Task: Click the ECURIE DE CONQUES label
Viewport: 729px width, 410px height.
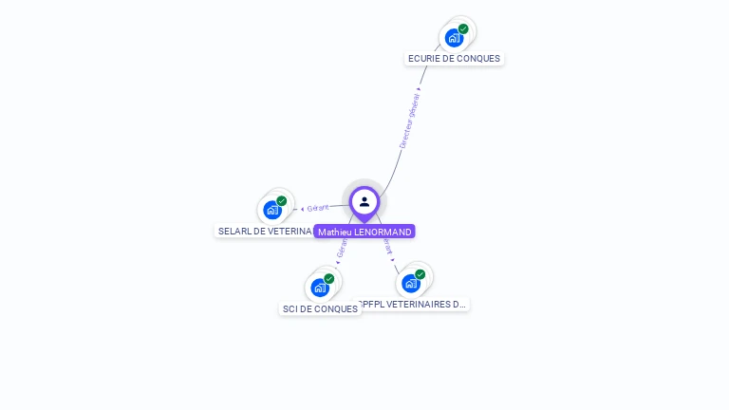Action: pyautogui.click(x=454, y=59)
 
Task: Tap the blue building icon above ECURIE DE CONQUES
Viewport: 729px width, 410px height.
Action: pyautogui.click(x=454, y=38)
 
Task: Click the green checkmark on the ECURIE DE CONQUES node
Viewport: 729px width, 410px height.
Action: pyautogui.click(x=463, y=28)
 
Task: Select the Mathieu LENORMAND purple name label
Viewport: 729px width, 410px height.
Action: pyautogui.click(x=364, y=232)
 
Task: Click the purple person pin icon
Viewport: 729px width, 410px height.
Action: pyautogui.click(x=364, y=202)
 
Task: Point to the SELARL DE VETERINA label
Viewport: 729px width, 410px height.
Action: pyautogui.click(x=265, y=231)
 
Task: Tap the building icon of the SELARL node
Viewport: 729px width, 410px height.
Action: pyautogui.click(x=272, y=210)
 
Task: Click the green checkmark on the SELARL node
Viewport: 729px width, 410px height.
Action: pyautogui.click(x=282, y=201)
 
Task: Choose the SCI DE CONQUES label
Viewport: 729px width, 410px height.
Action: pyautogui.click(x=320, y=308)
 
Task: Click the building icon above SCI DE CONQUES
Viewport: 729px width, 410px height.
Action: pyautogui.click(x=320, y=288)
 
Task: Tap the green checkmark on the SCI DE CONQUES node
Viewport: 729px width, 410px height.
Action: pyautogui.click(x=329, y=278)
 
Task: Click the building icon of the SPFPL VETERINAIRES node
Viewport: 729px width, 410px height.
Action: pyautogui.click(x=410, y=283)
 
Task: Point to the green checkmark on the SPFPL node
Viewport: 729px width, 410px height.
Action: pyautogui.click(x=420, y=274)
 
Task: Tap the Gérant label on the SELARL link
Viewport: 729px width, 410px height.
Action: pyautogui.click(x=318, y=208)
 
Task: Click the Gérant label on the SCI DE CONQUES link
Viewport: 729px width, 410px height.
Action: pyautogui.click(x=342, y=248)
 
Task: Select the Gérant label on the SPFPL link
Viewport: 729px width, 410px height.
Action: pyautogui.click(x=387, y=246)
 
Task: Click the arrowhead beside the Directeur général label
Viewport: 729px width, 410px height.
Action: pyautogui.click(x=419, y=89)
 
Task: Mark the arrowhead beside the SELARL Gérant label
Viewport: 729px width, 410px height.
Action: pyautogui.click(x=302, y=209)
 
